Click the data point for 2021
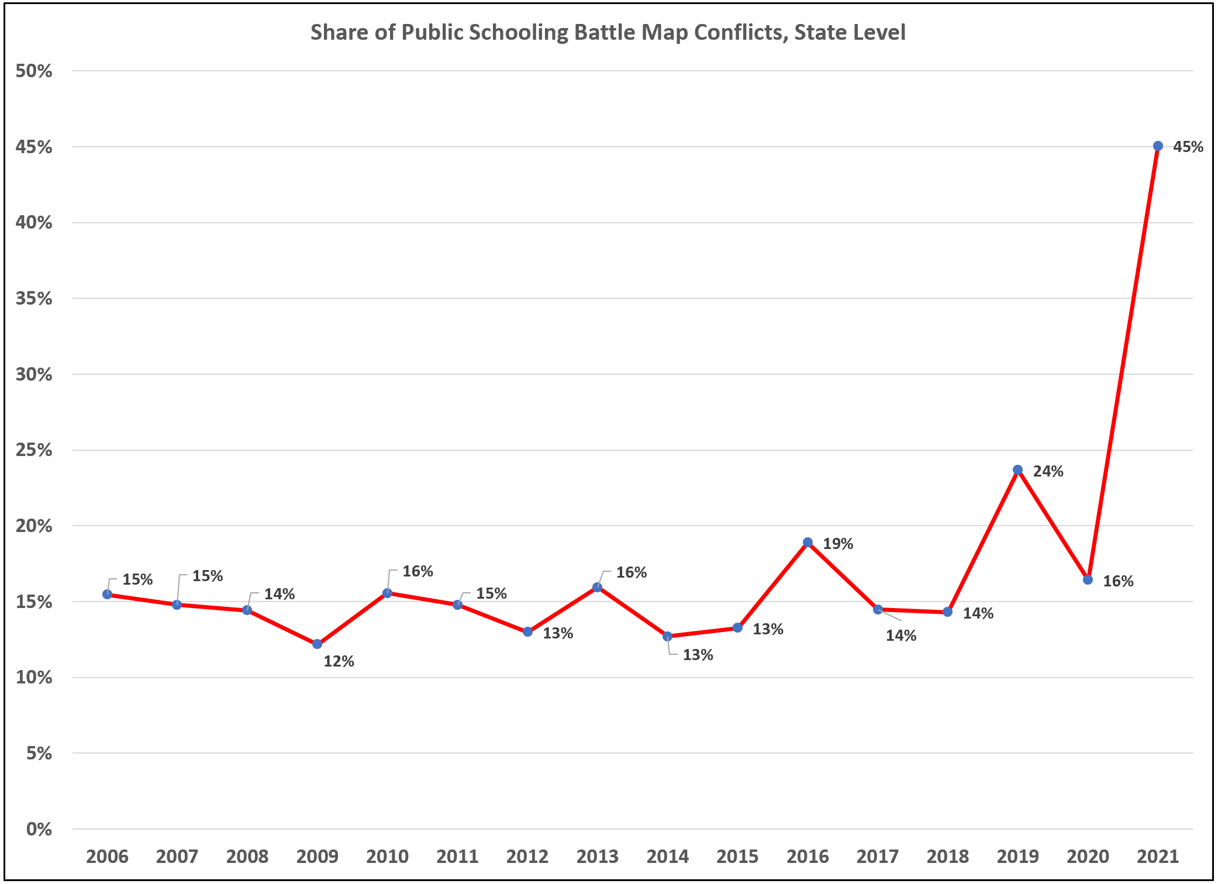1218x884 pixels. click(x=1158, y=146)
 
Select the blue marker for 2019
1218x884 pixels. click(x=1017, y=469)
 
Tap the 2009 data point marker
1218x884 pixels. click(x=317, y=644)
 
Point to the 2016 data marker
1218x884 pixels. click(x=808, y=542)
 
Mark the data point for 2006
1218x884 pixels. click(x=107, y=594)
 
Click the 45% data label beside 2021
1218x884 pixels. click(x=1188, y=147)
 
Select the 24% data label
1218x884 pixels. click(x=1048, y=471)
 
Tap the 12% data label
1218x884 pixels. click(x=339, y=661)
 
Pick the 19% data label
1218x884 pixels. click(x=838, y=544)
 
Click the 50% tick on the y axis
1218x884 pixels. click(x=34, y=71)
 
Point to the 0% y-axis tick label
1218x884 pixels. click(x=39, y=829)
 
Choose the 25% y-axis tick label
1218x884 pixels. click(x=34, y=450)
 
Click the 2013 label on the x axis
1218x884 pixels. click(x=597, y=857)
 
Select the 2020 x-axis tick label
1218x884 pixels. click(x=1088, y=857)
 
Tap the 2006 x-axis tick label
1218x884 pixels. click(x=107, y=857)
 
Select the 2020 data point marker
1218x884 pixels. click(x=1088, y=579)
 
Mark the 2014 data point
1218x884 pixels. click(x=667, y=636)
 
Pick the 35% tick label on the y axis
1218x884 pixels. click(x=34, y=299)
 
